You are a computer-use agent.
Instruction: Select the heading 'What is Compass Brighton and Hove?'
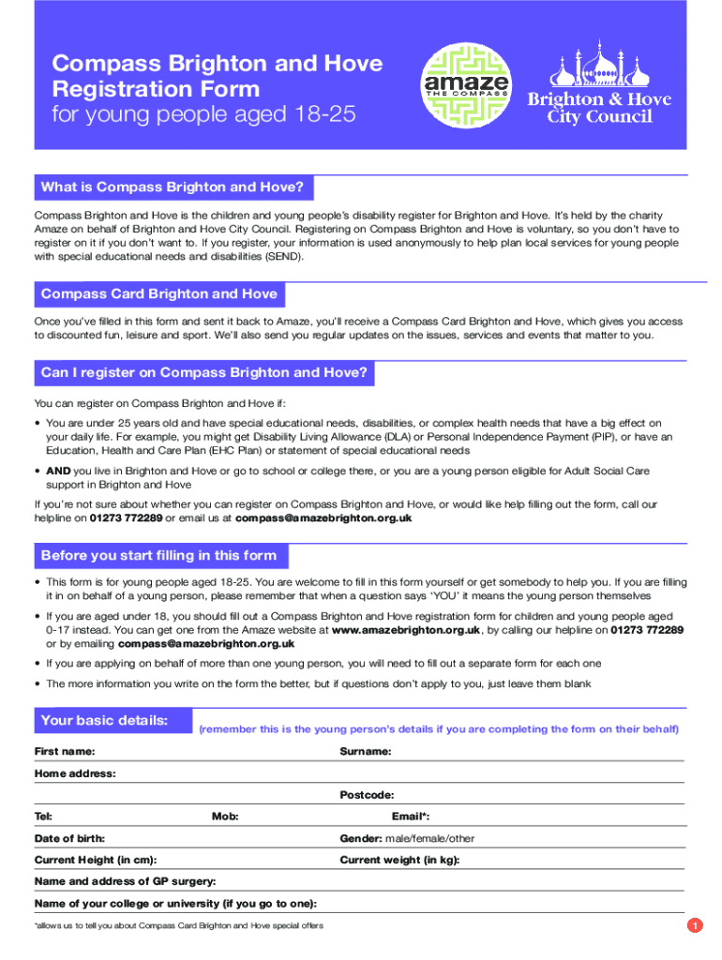[x=173, y=187]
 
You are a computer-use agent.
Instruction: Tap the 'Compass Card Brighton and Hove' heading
[x=159, y=294]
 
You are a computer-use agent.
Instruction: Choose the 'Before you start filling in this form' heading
[x=159, y=556]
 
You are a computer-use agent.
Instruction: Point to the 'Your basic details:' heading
[x=104, y=721]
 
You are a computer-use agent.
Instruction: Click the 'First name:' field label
[x=65, y=752]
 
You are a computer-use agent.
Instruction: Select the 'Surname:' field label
[x=366, y=752]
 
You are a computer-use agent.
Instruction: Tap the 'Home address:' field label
[x=75, y=773]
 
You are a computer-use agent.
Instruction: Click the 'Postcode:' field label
[x=367, y=795]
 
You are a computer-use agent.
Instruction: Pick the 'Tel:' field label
[x=43, y=817]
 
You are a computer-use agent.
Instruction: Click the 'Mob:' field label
[x=225, y=817]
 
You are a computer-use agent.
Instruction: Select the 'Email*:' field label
[x=411, y=817]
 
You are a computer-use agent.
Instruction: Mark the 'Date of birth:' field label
[x=69, y=838]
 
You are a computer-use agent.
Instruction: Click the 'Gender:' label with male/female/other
[x=407, y=838]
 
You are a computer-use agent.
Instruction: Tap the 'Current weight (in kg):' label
[x=399, y=860]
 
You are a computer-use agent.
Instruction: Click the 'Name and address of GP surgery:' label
[x=126, y=881]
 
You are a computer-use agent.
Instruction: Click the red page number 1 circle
[x=694, y=926]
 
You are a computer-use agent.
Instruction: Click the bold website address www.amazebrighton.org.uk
[x=406, y=630]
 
